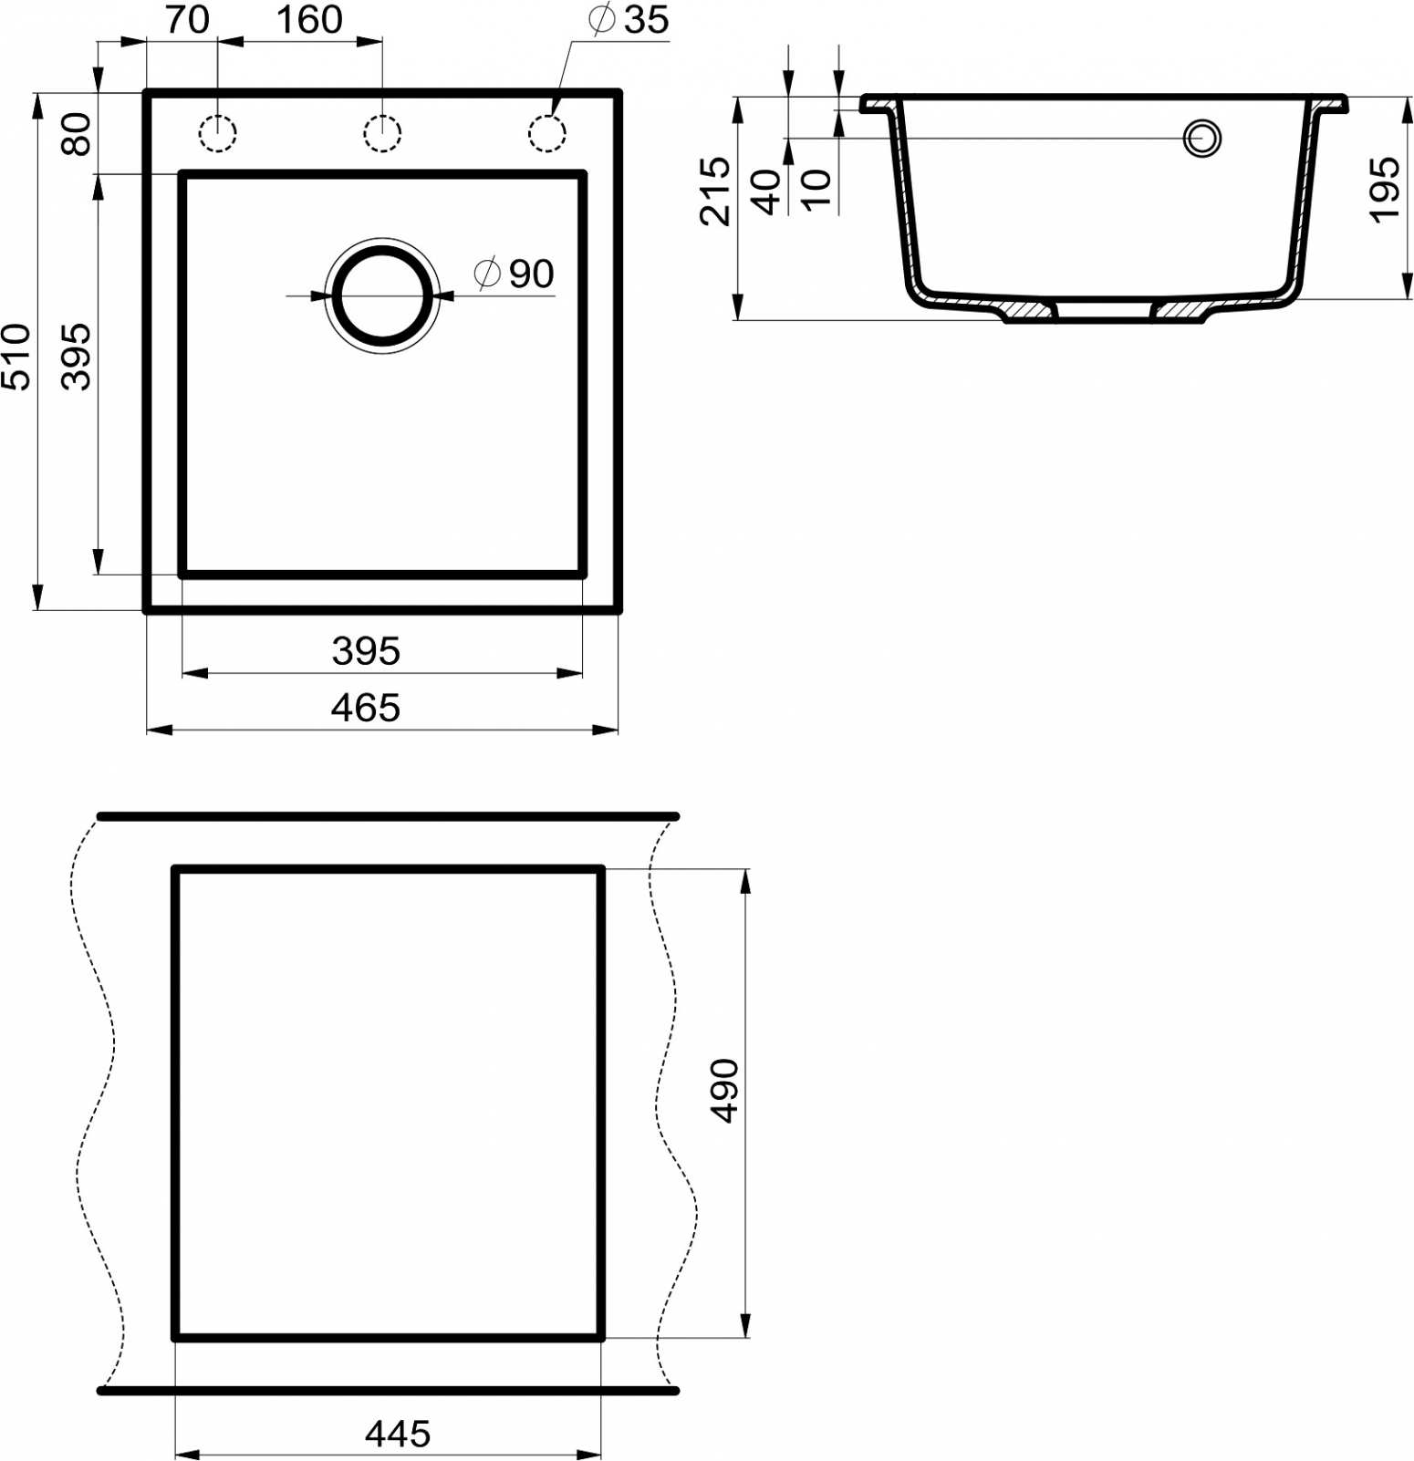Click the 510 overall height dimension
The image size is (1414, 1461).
(x=17, y=356)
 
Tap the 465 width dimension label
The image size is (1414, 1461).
(x=366, y=708)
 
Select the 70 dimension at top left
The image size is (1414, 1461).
(x=188, y=19)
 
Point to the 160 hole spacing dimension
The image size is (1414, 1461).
(x=309, y=19)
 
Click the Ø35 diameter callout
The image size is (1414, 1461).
(x=629, y=19)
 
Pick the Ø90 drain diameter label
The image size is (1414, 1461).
(x=515, y=273)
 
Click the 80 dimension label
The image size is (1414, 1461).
(x=78, y=134)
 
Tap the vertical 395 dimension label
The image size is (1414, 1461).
(x=78, y=356)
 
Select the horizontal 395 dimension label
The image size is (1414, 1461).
(x=366, y=651)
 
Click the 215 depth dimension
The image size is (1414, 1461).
(x=716, y=192)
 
